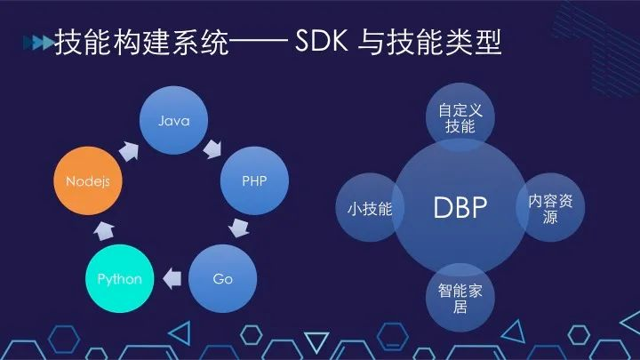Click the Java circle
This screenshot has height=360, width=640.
click(174, 120)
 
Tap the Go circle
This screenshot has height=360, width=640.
click(222, 279)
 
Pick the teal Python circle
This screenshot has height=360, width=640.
click(119, 279)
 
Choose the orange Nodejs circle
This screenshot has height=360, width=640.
click(87, 180)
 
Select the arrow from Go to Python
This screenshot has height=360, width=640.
click(172, 279)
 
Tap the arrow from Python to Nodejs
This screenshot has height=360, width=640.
click(103, 230)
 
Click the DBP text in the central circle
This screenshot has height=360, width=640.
click(460, 208)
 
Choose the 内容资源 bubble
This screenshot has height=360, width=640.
click(550, 208)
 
